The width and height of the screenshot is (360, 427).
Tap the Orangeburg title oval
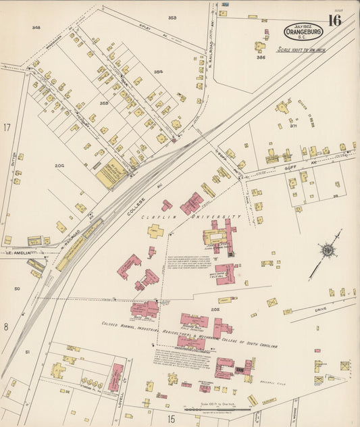(303, 31)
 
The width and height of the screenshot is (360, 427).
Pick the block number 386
(261, 58)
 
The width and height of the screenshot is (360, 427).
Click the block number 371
(293, 126)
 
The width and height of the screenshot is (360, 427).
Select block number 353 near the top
(172, 18)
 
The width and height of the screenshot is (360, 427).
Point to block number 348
(36, 28)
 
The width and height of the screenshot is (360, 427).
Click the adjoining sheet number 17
(7, 127)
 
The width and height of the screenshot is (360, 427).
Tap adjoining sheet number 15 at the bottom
(172, 419)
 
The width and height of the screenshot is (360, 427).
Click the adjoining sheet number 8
(5, 326)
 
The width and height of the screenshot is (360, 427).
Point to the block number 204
(59, 165)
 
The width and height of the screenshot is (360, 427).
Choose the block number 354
(158, 71)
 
